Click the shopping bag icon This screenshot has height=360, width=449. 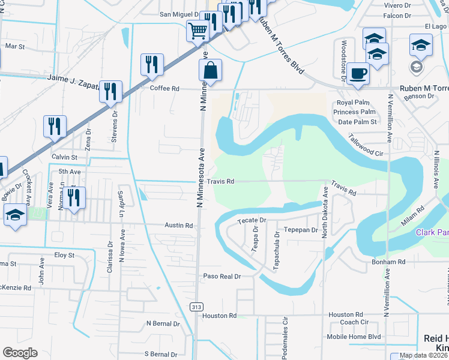pos(210,71)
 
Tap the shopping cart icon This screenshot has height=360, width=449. pos(197,30)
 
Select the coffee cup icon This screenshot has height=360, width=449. pos(358,74)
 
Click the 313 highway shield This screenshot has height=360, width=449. pos(196,307)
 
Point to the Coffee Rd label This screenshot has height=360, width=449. pos(164,88)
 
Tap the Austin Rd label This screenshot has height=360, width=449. pos(179,226)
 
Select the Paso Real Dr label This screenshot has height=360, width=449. pos(221,276)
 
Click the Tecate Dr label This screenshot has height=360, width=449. pos(252,221)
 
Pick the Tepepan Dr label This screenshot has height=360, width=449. pos(300,230)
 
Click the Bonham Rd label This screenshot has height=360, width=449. pos(388,262)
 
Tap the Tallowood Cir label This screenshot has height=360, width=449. pos(367,145)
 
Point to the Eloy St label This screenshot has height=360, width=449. pos(64,255)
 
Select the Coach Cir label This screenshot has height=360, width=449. pos(354,322)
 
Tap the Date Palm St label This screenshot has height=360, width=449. pos(357,122)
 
